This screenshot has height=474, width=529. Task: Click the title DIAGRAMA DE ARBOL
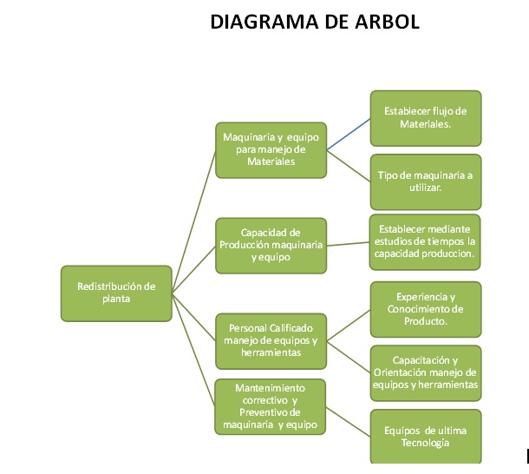pyautogui.click(x=315, y=22)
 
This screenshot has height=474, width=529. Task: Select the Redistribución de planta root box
pyautogui.click(x=116, y=293)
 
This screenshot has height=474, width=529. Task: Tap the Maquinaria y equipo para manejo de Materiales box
pyautogui.click(x=271, y=149)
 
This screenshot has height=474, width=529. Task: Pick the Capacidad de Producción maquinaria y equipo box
pyautogui.click(x=271, y=245)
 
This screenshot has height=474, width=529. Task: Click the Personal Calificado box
pyautogui.click(x=271, y=340)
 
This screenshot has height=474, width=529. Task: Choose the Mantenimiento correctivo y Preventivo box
pyautogui.click(x=271, y=406)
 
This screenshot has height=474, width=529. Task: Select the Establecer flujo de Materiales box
pyautogui.click(x=425, y=118)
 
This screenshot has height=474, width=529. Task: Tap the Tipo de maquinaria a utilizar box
pyautogui.click(x=425, y=181)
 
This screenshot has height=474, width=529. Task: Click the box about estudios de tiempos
pyautogui.click(x=425, y=241)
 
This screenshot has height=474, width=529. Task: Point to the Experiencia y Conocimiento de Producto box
pyautogui.click(x=425, y=308)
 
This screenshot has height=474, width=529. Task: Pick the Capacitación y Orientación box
pyautogui.click(x=425, y=372)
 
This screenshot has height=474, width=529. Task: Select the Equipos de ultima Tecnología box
pyautogui.click(x=425, y=436)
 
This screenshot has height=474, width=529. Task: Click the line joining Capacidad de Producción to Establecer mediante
pyautogui.click(x=348, y=244)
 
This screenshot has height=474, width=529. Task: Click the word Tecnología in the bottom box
pyautogui.click(x=425, y=443)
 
